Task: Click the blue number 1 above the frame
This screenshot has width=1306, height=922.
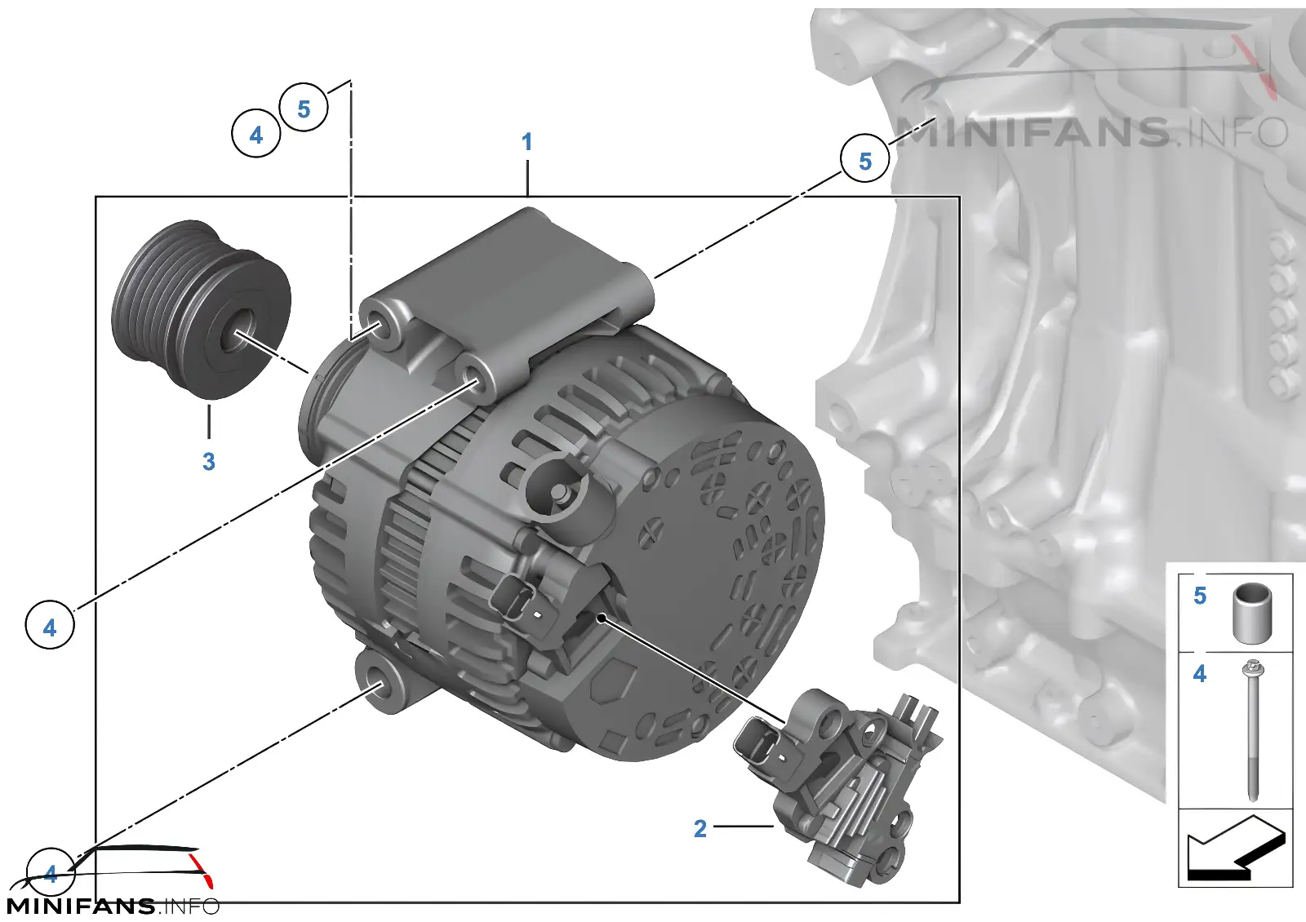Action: [527, 142]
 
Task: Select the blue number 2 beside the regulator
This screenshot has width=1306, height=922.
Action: [700, 828]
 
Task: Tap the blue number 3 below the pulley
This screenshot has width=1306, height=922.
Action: [209, 462]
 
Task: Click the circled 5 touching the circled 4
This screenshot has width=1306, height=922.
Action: [303, 109]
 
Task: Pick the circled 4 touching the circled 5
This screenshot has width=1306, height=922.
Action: [256, 134]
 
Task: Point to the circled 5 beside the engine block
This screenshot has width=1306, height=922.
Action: [864, 160]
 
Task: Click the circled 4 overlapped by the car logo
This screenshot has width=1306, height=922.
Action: [51, 872]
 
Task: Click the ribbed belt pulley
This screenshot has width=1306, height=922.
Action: [201, 309]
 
